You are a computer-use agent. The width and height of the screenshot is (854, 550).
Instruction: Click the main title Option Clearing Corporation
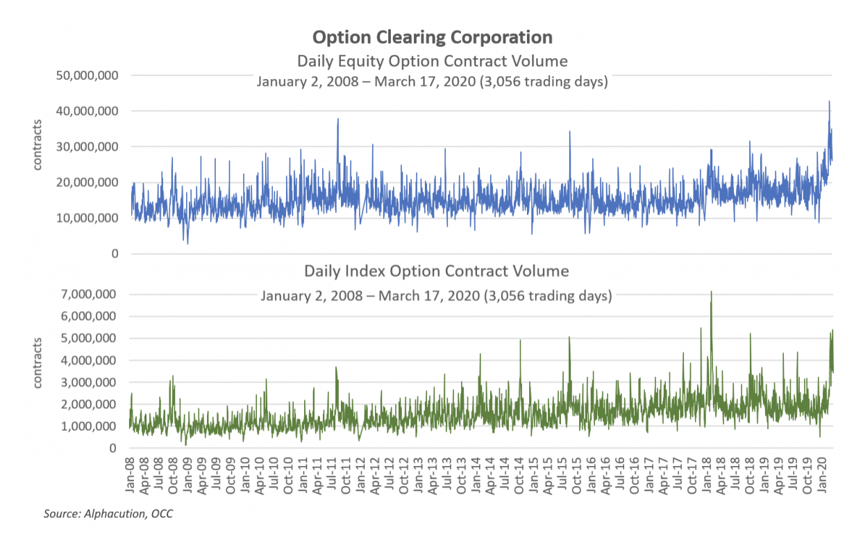pyautogui.click(x=432, y=37)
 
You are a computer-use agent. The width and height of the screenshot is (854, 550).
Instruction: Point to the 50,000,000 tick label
pyautogui.click(x=85, y=75)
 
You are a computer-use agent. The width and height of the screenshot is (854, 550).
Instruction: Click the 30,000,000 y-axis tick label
pyautogui.click(x=85, y=147)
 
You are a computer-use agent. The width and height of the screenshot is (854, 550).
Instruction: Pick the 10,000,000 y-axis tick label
pyautogui.click(x=85, y=218)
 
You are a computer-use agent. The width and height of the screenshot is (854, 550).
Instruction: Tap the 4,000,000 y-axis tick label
pyautogui.click(x=88, y=360)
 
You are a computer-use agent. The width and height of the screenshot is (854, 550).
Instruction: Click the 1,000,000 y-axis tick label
pyautogui.click(x=88, y=426)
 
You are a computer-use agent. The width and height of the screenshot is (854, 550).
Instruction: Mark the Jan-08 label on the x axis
pyautogui.click(x=131, y=475)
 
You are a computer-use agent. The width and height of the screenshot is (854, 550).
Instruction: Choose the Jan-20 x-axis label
pyautogui.click(x=824, y=475)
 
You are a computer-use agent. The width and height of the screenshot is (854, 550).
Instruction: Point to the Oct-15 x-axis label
pyautogui.click(x=578, y=475)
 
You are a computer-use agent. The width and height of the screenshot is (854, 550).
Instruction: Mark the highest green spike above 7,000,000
pyautogui.click(x=711, y=292)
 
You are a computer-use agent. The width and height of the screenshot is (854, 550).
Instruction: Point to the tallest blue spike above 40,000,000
pyautogui.click(x=828, y=102)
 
